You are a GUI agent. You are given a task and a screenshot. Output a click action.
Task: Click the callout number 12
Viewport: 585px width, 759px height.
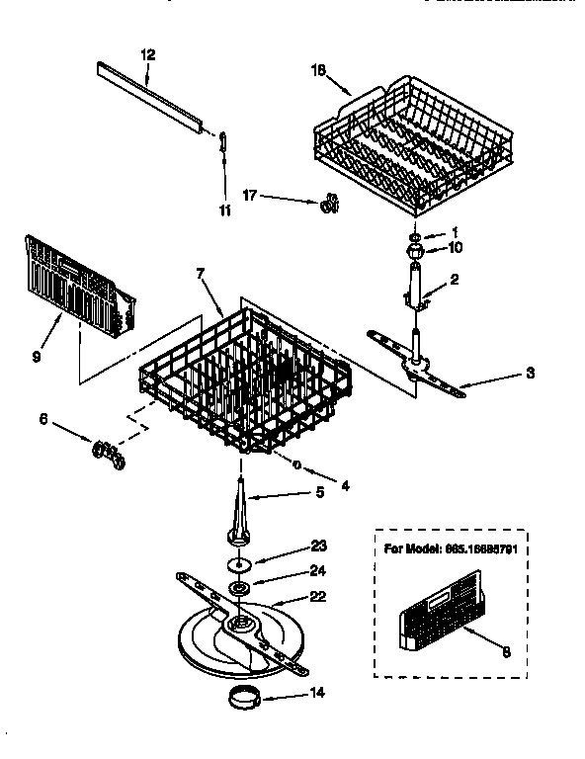pyautogui.click(x=148, y=55)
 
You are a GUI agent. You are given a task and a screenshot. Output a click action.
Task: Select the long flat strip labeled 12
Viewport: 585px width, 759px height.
pyautogui.click(x=154, y=97)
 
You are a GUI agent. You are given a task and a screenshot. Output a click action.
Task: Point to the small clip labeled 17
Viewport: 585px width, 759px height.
pyautogui.click(x=329, y=204)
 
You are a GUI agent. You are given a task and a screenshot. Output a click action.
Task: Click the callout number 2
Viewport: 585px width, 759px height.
pyautogui.click(x=455, y=281)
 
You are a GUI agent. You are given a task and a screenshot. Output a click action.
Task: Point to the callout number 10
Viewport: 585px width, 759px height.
pyautogui.click(x=455, y=247)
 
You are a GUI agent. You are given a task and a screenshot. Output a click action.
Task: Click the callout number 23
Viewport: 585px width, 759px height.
pyautogui.click(x=318, y=545)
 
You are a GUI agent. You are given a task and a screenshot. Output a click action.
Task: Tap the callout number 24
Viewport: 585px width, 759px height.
pyautogui.click(x=318, y=570)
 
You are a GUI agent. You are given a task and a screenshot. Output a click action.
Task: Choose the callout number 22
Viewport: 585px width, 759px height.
pyautogui.click(x=318, y=596)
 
